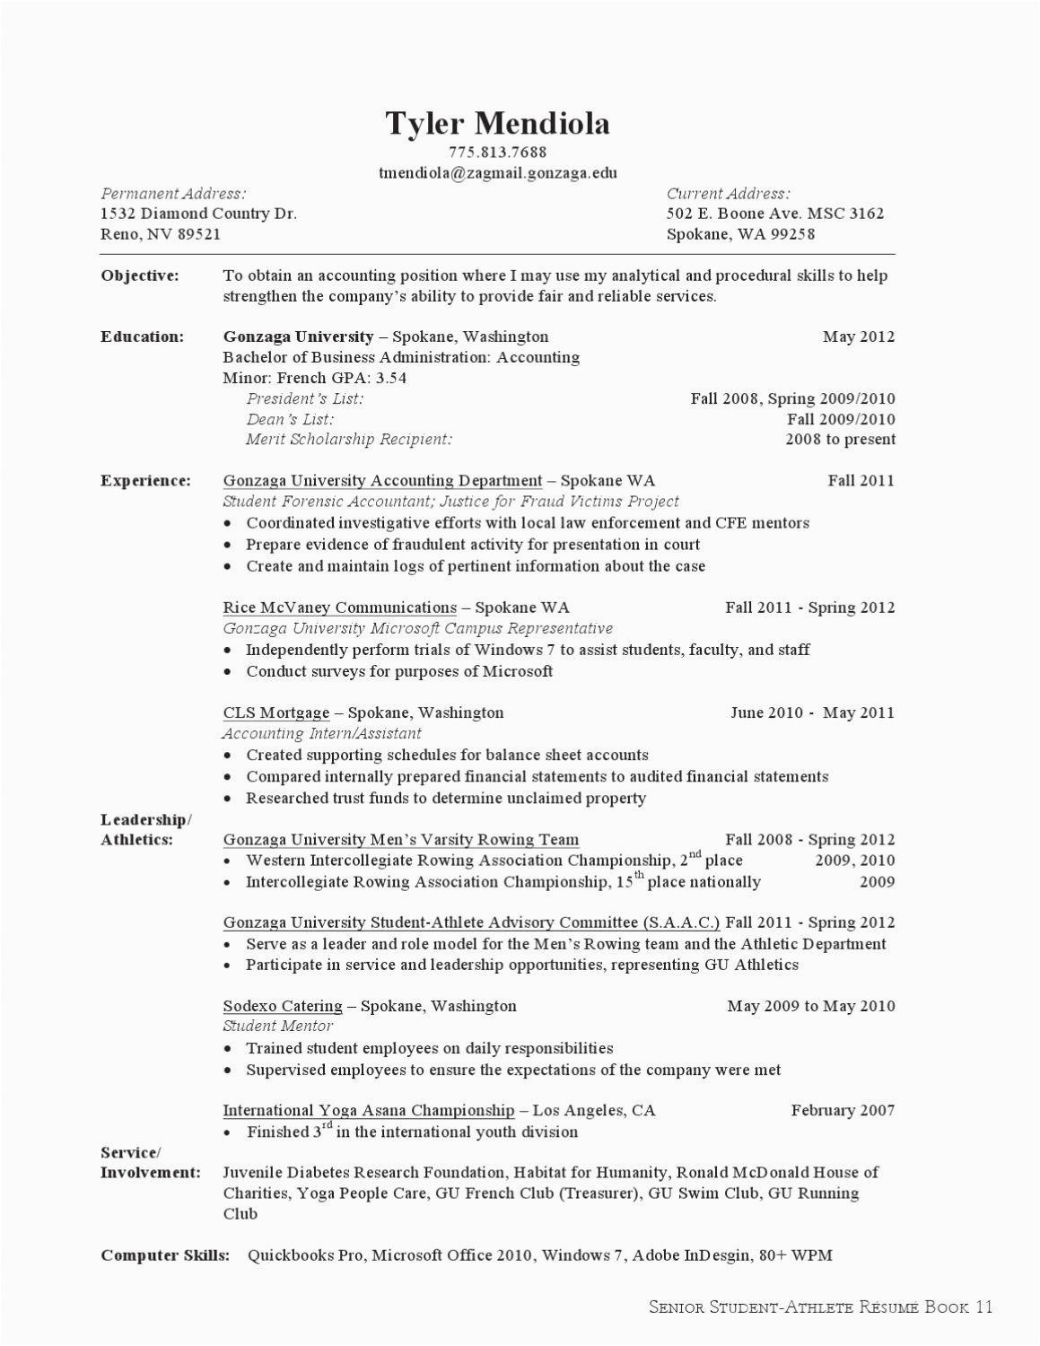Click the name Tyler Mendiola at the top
click(497, 124)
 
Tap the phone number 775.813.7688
click(497, 153)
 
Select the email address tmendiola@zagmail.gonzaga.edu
click(497, 173)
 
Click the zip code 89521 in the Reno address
click(199, 235)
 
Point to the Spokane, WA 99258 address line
click(740, 235)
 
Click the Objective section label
click(140, 275)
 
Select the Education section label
click(142, 337)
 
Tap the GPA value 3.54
click(390, 378)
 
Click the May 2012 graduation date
click(859, 337)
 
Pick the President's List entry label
click(305, 398)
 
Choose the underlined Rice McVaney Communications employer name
click(340, 607)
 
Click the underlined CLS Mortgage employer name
click(276, 713)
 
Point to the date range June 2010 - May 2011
click(812, 713)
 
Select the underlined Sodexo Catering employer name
click(283, 1007)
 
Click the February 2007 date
click(843, 1111)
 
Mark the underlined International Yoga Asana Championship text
click(369, 1111)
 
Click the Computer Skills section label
click(165, 1255)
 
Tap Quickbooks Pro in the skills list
click(305, 1255)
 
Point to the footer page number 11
click(983, 1307)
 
